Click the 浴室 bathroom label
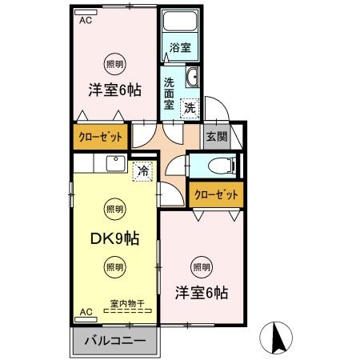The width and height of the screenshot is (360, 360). (180, 48)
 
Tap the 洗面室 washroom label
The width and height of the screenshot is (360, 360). (170, 93)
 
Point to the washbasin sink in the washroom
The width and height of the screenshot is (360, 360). (192, 78)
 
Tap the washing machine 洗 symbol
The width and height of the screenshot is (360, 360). (190, 107)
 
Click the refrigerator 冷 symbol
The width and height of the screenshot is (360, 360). (142, 170)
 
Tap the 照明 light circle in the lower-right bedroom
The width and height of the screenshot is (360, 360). (202, 267)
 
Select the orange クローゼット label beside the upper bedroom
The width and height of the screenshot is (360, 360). (100, 137)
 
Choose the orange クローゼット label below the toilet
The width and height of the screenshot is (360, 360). (215, 194)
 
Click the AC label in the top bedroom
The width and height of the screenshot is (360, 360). (86, 22)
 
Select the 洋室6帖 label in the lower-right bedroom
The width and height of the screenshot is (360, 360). (202, 294)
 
